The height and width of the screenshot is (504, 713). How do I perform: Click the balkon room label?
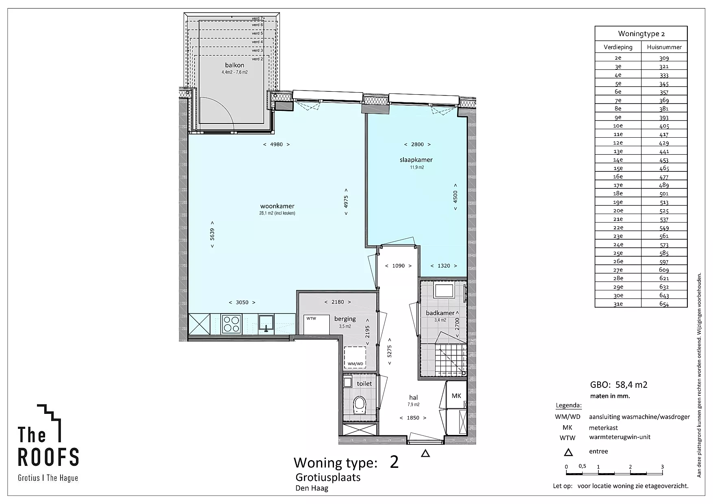(235, 65)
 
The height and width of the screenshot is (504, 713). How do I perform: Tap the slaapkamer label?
(416, 160)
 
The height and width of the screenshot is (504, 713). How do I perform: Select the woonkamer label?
(277, 206)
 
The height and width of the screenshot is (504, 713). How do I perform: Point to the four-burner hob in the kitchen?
(232, 324)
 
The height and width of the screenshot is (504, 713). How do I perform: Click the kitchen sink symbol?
(267, 323)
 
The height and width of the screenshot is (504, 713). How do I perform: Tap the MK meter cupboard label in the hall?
(456, 396)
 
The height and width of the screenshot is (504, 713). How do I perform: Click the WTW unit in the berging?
(316, 324)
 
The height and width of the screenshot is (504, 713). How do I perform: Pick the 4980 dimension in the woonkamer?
(276, 144)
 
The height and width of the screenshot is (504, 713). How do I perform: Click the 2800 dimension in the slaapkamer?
(417, 144)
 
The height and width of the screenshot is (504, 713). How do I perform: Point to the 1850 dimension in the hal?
(413, 417)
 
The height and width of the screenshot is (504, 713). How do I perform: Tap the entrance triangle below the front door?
(425, 454)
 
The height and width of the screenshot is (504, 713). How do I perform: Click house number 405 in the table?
(664, 126)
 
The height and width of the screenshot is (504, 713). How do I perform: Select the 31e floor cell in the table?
(618, 304)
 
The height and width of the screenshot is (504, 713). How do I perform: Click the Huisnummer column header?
(664, 47)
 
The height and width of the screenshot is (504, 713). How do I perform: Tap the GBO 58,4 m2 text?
(618, 385)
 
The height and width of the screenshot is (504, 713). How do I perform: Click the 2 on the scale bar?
(630, 467)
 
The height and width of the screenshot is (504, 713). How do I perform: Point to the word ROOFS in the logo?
(48, 457)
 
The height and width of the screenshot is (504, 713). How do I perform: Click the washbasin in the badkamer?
(444, 291)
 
